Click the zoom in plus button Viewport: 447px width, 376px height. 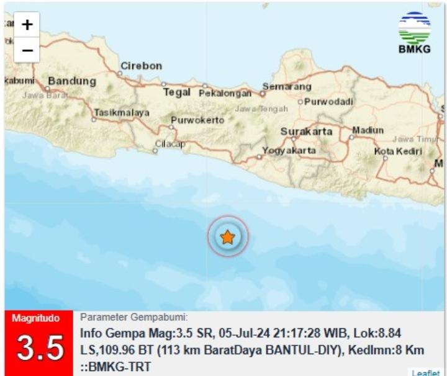click(27, 25)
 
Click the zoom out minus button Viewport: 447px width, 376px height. click(27, 50)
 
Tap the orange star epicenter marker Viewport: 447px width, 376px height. click(228, 236)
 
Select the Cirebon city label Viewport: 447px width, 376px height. click(141, 66)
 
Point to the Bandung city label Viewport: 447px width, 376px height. click(72, 81)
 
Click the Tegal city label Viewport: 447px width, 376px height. click(176, 92)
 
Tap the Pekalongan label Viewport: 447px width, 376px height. click(225, 94)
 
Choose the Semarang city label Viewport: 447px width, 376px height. click(286, 86)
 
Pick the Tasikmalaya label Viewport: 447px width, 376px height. click(122, 112)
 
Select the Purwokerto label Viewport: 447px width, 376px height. click(197, 120)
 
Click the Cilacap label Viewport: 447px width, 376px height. click(170, 144)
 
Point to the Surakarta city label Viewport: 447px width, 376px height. click(307, 132)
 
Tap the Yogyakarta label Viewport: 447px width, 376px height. click(289, 150)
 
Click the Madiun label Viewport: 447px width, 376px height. click(368, 130)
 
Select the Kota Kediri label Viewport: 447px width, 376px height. click(397, 151)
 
